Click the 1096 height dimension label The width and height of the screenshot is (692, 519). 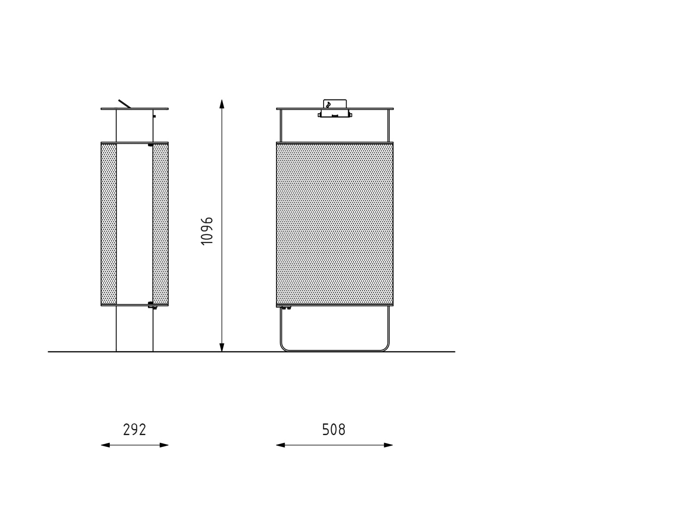(x=207, y=231)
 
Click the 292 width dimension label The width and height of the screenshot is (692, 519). (x=135, y=430)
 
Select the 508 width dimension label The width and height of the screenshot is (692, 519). (x=334, y=430)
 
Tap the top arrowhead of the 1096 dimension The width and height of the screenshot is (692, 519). (x=221, y=104)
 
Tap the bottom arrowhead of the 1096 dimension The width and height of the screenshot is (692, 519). (x=221, y=347)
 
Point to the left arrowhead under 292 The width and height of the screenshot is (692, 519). (x=105, y=445)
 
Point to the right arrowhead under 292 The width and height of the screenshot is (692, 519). (x=164, y=445)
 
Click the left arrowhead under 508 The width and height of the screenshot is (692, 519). (x=281, y=445)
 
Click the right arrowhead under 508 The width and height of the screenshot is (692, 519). (x=388, y=445)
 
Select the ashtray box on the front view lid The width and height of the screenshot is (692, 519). (x=335, y=108)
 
